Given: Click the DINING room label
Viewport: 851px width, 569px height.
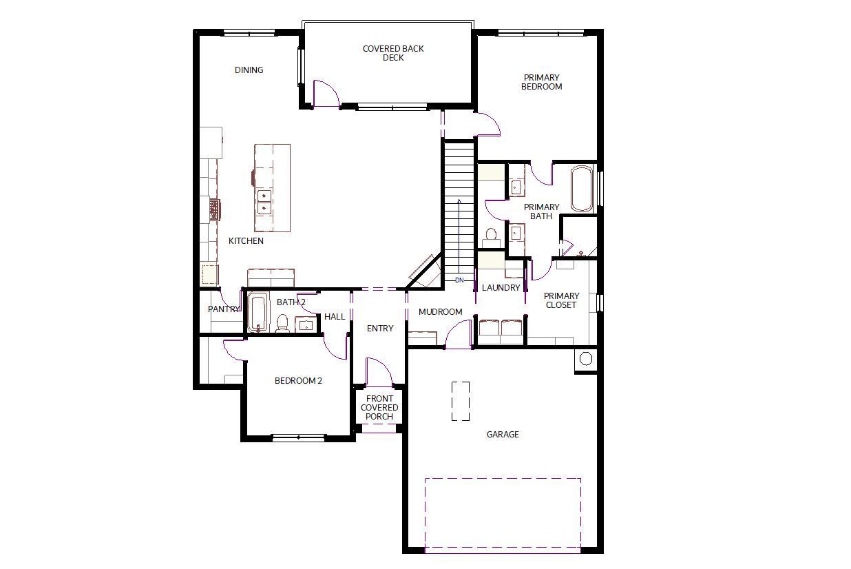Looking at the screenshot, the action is (249, 70).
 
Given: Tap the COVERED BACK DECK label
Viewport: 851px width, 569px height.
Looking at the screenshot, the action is (393, 53).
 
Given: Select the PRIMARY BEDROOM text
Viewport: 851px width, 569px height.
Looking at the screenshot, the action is (541, 82).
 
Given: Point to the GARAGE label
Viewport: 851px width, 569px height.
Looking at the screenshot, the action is (503, 435).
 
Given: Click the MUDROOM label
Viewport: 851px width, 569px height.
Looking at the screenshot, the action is (441, 312).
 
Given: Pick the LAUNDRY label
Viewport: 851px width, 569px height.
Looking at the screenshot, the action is (501, 288).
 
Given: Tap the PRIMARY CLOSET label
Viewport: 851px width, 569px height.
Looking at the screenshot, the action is (561, 300).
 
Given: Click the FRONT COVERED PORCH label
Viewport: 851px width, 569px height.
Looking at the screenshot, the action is (379, 407).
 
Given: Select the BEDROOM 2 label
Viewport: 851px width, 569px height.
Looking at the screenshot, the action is (298, 381).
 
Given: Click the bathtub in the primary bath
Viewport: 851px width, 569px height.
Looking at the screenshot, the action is (582, 189).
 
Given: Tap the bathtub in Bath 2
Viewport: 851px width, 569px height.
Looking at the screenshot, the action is (258, 313).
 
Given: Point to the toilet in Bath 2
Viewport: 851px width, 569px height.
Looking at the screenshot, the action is (282, 323).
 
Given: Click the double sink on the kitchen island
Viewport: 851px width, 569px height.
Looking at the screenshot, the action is (264, 202).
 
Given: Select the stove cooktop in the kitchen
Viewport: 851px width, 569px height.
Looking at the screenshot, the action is (215, 209).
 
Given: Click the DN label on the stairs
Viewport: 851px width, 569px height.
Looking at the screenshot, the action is (459, 280).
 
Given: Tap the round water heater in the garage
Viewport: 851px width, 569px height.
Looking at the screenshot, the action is (586, 358).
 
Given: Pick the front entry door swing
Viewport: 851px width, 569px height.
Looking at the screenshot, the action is (379, 371).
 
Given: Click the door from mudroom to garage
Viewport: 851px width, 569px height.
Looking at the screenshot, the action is (459, 333).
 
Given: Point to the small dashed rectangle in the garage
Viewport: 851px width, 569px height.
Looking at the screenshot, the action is (461, 402).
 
